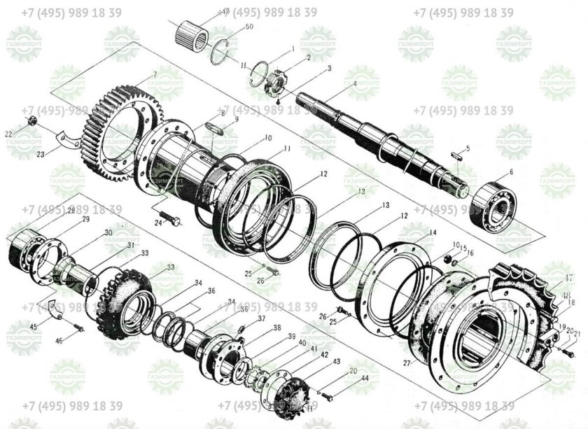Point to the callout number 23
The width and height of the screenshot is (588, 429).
[40, 155]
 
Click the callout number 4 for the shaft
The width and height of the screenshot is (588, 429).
[355, 84]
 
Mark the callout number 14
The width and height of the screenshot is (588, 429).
[433, 232]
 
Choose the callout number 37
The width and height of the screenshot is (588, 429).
[262, 318]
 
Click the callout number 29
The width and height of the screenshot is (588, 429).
[86, 220]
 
